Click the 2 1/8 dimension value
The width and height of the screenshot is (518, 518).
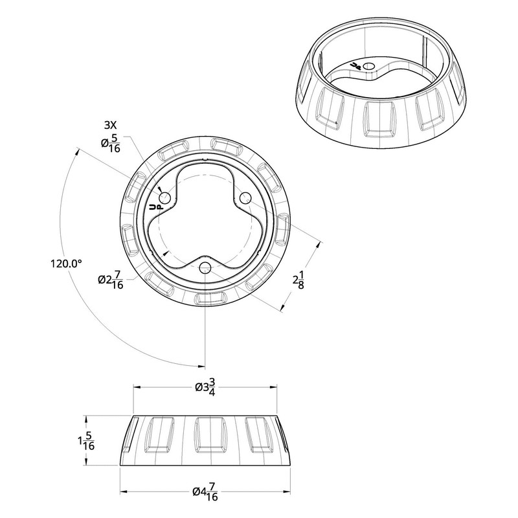point(298,280)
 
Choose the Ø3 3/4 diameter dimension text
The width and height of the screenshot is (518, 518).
point(205,387)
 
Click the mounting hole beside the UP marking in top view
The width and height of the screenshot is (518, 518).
point(164,197)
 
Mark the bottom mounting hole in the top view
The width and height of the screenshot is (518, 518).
point(205,267)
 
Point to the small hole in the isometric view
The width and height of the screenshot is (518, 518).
point(368,66)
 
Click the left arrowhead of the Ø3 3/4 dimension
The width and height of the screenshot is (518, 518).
point(136,387)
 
